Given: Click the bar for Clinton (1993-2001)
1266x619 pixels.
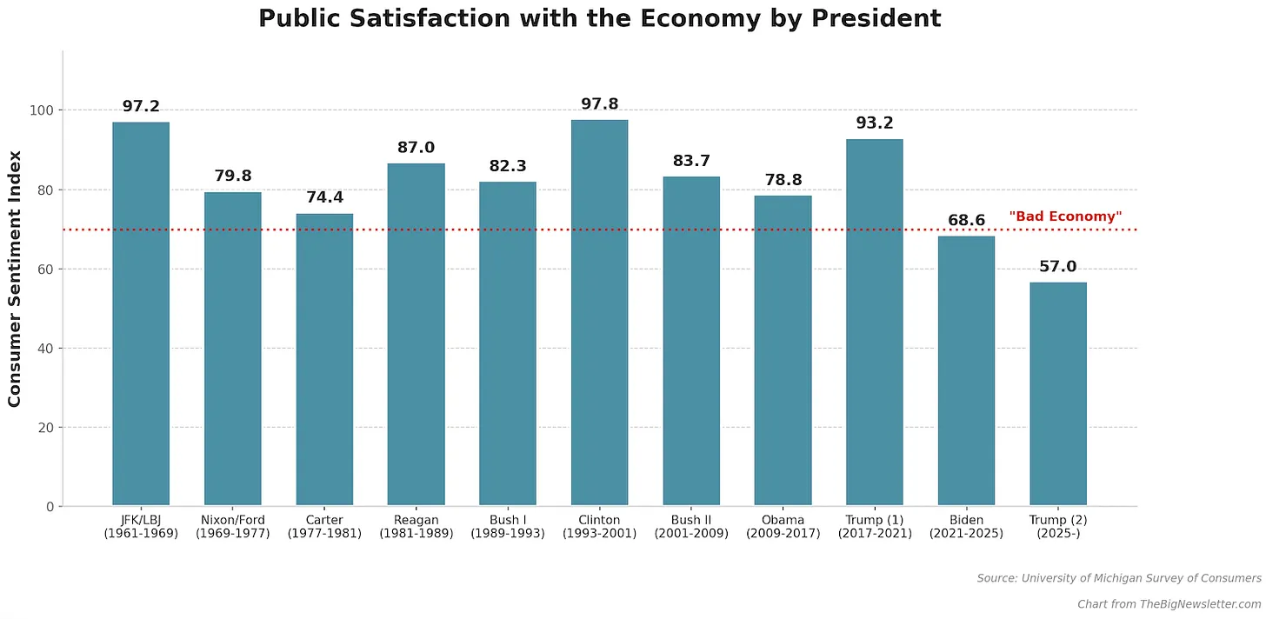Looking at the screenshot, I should click(599, 313).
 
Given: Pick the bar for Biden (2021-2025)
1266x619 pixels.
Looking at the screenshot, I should click(966, 370).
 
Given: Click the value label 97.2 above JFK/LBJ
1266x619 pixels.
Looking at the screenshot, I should click(141, 107).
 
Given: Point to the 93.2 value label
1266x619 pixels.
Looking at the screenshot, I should click(874, 123).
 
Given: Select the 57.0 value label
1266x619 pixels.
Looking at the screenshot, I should click(1057, 267).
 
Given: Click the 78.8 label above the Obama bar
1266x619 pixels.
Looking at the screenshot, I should click(783, 180).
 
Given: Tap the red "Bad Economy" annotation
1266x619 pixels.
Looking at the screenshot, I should click(1065, 216).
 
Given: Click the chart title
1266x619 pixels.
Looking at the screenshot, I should click(599, 18).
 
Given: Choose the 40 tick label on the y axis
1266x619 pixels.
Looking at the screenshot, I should click(47, 349).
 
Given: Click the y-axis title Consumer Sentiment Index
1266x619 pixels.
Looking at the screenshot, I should click(15, 278).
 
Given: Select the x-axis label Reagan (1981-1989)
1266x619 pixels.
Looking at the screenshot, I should click(416, 527).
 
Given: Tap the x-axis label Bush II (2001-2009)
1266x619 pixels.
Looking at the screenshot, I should click(691, 527).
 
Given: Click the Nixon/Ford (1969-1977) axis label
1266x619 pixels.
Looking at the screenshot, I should click(232, 527).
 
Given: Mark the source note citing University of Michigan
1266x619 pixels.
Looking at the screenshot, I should click(1118, 578).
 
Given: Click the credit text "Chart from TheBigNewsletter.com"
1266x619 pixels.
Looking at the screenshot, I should click(1169, 604).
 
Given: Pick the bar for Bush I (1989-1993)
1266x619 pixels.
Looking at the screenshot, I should click(507, 343).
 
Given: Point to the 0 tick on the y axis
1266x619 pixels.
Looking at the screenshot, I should click(50, 507).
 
